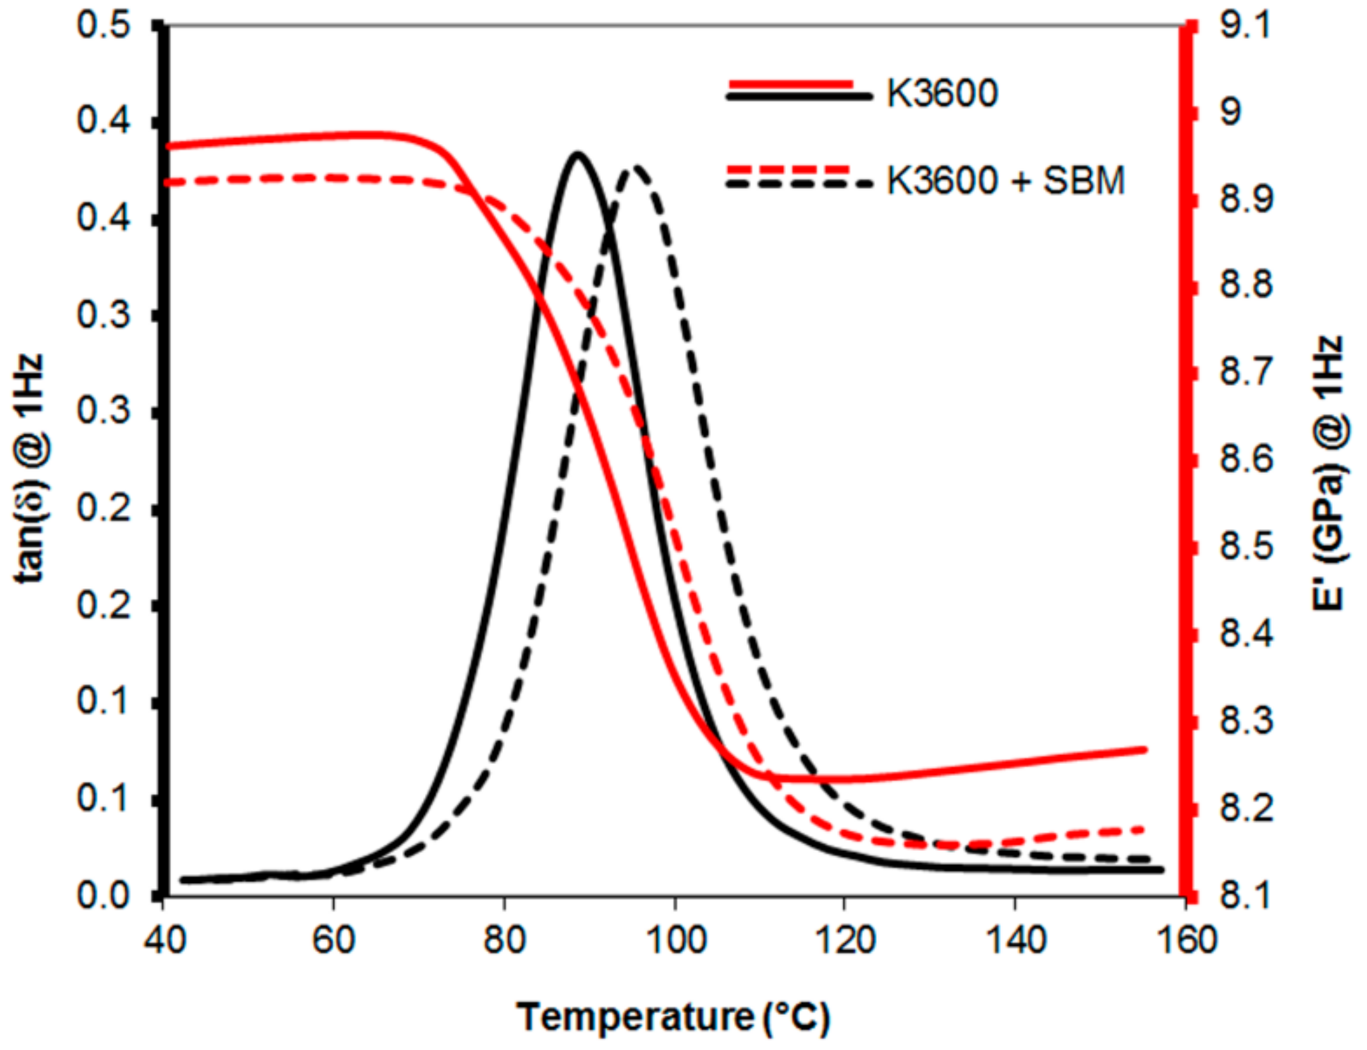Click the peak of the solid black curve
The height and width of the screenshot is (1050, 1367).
tap(577, 154)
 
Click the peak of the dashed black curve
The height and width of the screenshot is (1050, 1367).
tap(635, 168)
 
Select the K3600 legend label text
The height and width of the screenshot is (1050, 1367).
tap(942, 93)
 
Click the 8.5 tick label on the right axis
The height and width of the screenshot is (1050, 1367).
tap(1245, 548)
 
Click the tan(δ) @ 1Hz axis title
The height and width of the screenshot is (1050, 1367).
tap(29, 467)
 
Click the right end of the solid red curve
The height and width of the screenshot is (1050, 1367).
tap(1144, 749)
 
